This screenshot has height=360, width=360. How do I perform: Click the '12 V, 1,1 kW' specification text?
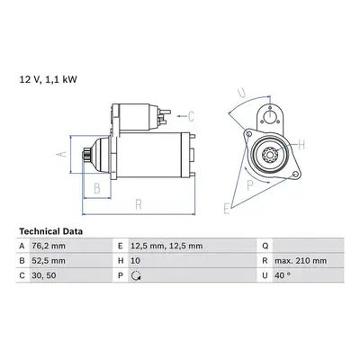(48, 79)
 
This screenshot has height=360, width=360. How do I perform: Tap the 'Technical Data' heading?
(51, 231)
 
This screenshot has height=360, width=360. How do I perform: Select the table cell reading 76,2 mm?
(49, 246)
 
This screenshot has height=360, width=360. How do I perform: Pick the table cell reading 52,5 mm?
(49, 261)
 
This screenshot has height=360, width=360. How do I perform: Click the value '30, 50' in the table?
(44, 275)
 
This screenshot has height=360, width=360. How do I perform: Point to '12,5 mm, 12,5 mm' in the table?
(166, 246)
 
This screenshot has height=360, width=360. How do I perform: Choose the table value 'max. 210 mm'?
(301, 261)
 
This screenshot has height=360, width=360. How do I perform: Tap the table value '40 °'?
(283, 275)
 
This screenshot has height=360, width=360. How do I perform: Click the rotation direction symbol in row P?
(137, 275)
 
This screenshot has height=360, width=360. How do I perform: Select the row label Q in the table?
(265, 247)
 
